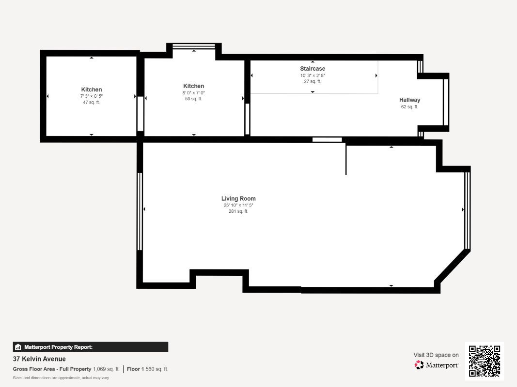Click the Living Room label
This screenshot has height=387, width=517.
tap(238, 198)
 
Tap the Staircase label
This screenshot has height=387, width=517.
tap(313, 68)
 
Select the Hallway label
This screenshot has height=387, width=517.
tap(409, 100)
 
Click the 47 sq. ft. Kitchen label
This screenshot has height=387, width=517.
tap(91, 89)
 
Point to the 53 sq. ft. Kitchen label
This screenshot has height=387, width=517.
tap(193, 86)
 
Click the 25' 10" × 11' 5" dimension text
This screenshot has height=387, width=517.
tap(238, 205)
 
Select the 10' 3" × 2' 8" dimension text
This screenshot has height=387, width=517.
tap(313, 75)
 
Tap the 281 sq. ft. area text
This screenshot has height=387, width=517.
tap(238, 211)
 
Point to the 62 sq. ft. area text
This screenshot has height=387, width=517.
tap(409, 106)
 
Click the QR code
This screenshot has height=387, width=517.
tap(485, 361)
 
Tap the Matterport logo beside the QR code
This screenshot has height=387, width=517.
tap(437, 365)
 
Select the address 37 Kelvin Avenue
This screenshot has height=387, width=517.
tap(39, 358)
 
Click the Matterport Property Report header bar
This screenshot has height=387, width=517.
tap(90, 347)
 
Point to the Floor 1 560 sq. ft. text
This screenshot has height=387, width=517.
tap(147, 369)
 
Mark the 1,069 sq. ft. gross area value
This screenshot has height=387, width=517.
tap(106, 369)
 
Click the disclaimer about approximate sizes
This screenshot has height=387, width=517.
tap(61, 378)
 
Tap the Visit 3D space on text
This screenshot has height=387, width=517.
tap(436, 355)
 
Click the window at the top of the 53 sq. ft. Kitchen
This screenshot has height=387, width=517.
tap(194, 46)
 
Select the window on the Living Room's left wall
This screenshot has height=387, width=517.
tap(140, 211)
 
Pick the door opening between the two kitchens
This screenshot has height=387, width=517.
tap(140, 114)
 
